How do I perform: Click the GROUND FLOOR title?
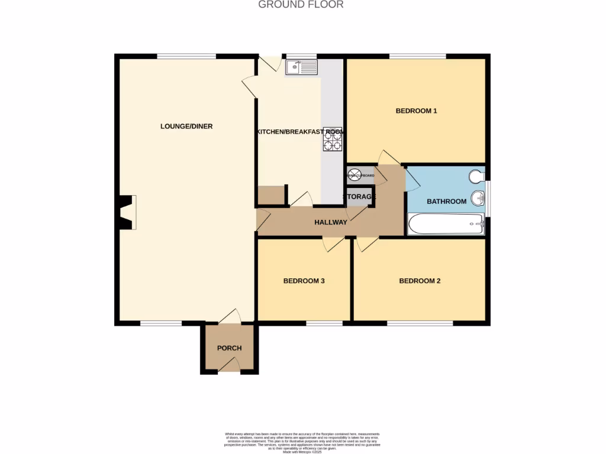tap(301, 5)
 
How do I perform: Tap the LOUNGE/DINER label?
tap(186, 127)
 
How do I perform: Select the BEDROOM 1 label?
tap(416, 111)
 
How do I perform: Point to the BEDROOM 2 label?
tap(420, 281)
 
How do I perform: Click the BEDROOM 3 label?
tap(304, 281)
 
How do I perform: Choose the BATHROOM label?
tap(447, 202)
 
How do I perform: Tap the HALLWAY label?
tap(331, 223)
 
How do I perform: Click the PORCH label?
tap(229, 348)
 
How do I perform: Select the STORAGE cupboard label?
tap(360, 197)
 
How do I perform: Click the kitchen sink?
tap(301, 68)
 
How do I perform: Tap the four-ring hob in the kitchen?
tap(332, 141)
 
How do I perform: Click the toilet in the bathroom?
tap(477, 176)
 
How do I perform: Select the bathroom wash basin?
tap(478, 197)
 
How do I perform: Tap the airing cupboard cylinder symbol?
tap(354, 176)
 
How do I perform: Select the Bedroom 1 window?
tap(417, 57)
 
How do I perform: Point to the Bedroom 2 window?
tap(420, 323)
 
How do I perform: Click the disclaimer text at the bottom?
tap(302, 442)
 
